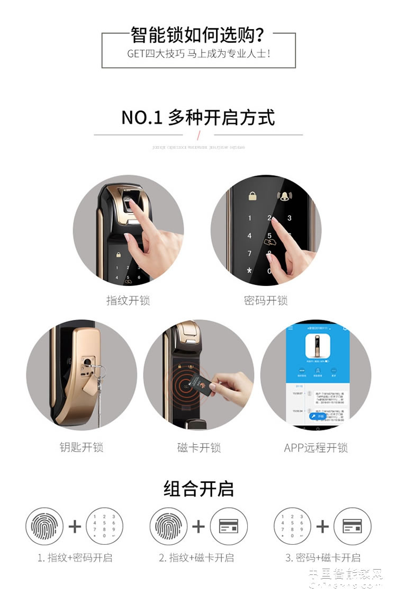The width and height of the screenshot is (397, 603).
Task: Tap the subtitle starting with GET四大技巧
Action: [x=198, y=54]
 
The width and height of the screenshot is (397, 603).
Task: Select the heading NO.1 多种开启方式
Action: [x=198, y=117]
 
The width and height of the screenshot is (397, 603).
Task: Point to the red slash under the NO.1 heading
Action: [x=198, y=135]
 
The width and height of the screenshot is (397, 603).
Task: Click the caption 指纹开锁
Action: [x=128, y=301]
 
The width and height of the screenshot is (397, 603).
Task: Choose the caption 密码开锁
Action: [x=266, y=301]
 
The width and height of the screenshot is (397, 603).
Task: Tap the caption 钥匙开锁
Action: [x=81, y=447]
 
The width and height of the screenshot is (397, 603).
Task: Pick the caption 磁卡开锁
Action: [x=198, y=447]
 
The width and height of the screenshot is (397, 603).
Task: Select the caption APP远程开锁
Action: [x=315, y=447]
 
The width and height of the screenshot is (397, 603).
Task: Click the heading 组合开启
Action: [x=198, y=489]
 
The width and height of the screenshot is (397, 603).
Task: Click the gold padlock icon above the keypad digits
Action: [x=253, y=196]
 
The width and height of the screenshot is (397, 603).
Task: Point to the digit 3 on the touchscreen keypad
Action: [x=290, y=218]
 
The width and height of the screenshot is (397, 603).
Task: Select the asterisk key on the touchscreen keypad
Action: [x=249, y=271]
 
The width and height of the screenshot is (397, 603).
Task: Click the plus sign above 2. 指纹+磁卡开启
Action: [x=198, y=526]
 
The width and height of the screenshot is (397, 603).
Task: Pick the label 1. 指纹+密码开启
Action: [x=75, y=557]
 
